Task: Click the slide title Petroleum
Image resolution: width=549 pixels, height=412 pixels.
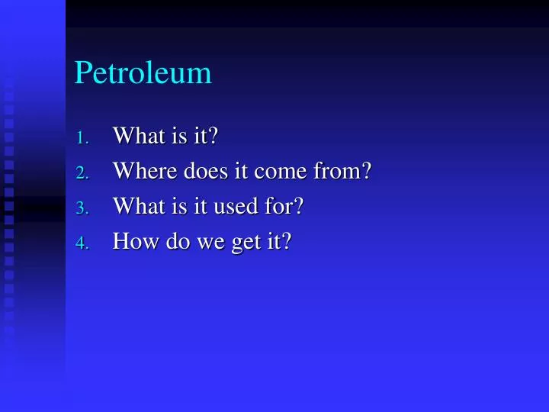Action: pos(143,73)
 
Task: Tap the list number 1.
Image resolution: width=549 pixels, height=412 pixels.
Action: pos(83,138)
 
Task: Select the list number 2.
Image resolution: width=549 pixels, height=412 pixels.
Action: pos(83,173)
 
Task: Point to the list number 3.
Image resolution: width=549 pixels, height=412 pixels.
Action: pos(83,208)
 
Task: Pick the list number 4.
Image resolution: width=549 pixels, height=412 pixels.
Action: pos(83,243)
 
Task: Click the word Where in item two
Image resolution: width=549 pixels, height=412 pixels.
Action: pos(143,171)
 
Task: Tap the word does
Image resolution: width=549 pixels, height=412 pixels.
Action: pos(200,171)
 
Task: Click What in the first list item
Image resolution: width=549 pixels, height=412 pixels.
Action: pos(136,136)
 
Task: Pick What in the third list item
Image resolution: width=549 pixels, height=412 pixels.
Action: pos(136,206)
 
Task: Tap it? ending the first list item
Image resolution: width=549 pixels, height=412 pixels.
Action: pos(205,136)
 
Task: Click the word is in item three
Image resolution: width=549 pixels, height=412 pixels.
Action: pos(175,206)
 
